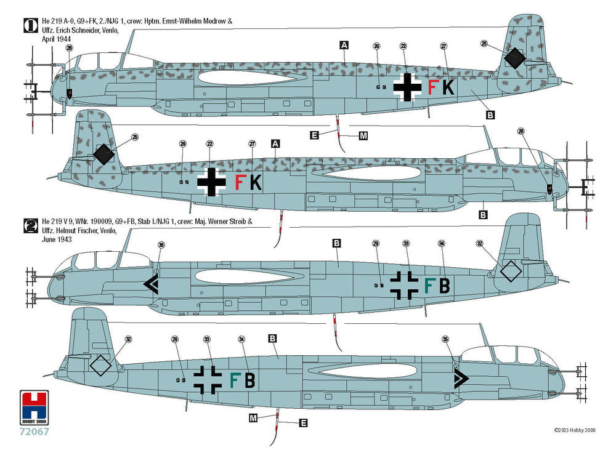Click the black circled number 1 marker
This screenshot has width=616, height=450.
click(29, 25)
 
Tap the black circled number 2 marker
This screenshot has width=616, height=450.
click(29, 224)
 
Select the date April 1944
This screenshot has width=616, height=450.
click(55, 38)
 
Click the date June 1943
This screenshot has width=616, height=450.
click(55, 238)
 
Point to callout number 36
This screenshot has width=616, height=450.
click(161, 244)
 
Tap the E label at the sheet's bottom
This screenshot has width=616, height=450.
click(302, 423)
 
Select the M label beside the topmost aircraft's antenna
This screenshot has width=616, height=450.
click(363, 135)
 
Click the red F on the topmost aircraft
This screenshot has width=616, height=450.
click(432, 88)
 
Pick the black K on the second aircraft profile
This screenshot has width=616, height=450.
click(256, 182)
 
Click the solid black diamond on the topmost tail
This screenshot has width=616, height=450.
click(514, 58)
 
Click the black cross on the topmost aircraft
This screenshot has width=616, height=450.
click(407, 87)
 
